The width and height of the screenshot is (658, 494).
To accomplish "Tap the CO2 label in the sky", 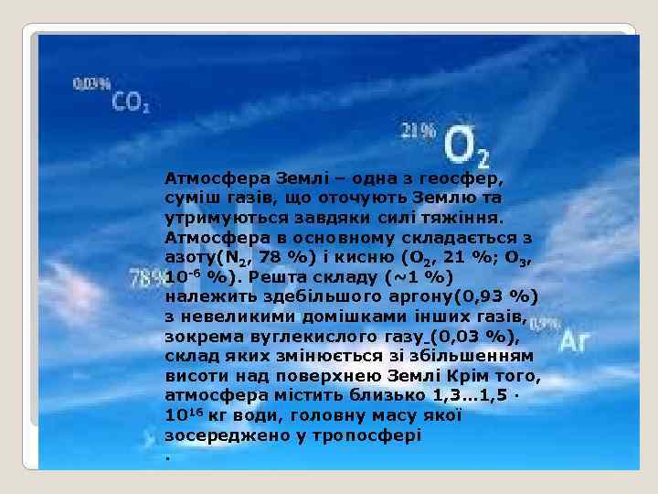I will tap(132, 103).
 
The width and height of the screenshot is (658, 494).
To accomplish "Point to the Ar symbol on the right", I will tap(575, 341).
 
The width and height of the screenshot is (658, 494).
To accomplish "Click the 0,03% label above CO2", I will tap(91, 83).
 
